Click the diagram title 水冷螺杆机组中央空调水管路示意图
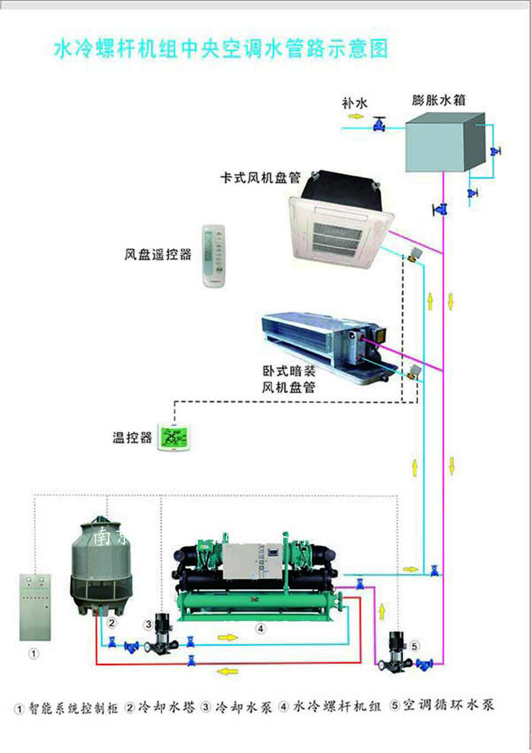220,49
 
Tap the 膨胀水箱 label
439,100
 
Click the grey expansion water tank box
442,143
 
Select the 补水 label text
355,103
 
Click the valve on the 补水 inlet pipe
379,124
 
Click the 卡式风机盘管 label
260,178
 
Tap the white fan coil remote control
214,255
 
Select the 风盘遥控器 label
158,255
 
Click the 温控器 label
132,438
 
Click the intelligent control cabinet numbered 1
35,607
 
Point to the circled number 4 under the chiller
260,629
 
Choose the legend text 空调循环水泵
447,705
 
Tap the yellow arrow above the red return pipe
227,671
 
